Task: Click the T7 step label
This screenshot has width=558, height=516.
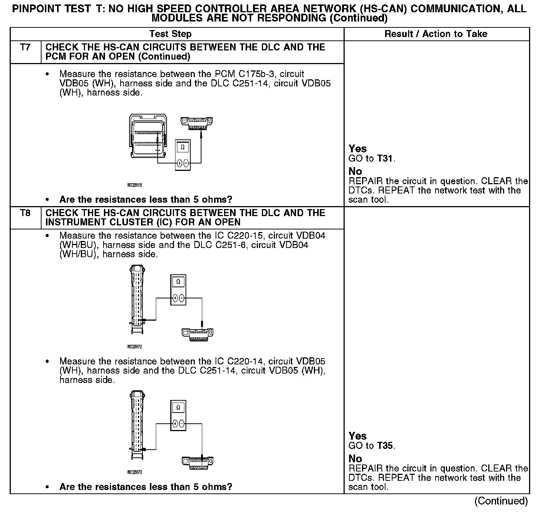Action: [x=25, y=47]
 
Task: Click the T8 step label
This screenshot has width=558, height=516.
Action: [x=25, y=213]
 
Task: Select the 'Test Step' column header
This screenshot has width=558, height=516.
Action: [x=170, y=34]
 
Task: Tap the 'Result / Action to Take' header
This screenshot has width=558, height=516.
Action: [x=436, y=34]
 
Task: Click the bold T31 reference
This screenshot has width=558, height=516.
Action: [x=385, y=159]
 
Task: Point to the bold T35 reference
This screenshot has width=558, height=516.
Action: [x=385, y=446]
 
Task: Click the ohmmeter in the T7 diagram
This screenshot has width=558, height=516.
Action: [x=183, y=155]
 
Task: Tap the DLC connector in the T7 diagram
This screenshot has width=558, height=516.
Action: [x=196, y=123]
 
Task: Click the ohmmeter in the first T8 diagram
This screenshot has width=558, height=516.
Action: [x=178, y=290]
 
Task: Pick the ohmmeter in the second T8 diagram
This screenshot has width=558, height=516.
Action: [x=178, y=416]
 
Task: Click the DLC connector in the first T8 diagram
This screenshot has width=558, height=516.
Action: [x=198, y=334]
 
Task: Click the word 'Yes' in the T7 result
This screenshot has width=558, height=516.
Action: [x=358, y=149]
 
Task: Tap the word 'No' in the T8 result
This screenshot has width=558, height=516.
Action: [x=355, y=459]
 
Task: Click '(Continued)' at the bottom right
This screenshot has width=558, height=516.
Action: [x=501, y=501]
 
